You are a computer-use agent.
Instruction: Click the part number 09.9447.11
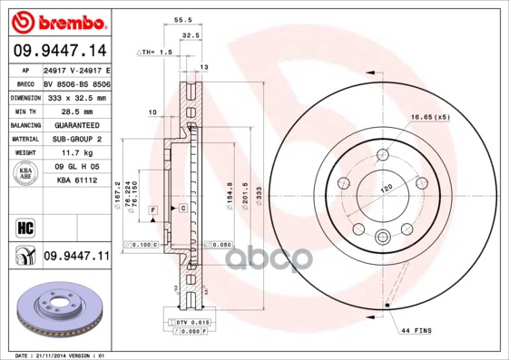75,257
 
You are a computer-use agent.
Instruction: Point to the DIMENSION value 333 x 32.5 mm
76,97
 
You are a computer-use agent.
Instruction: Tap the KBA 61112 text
76,181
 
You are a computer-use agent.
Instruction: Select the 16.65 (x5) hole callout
429,117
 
